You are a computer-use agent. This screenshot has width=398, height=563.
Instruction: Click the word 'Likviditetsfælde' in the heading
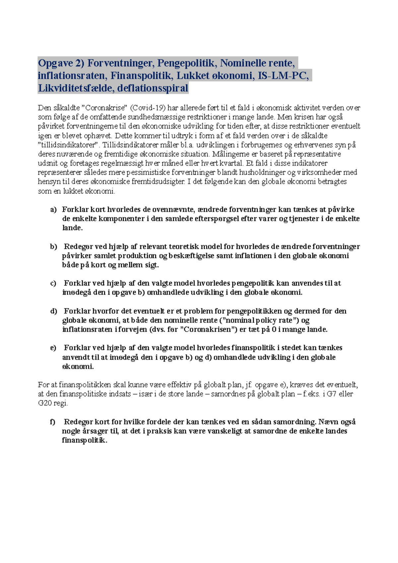pos(76,88)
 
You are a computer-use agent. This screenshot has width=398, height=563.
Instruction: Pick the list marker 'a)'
pos(53,210)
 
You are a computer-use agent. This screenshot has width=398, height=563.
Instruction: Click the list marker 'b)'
pos(53,247)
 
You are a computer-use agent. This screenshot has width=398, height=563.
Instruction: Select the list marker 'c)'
pos(53,283)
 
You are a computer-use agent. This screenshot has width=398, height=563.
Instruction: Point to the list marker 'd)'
pos(53,311)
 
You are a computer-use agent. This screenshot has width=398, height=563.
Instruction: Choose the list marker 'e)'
pos(53,348)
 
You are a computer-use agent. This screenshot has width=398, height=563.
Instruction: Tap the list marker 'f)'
pos(53,422)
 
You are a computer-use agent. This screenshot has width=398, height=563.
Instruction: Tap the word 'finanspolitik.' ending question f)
pos(85,441)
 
